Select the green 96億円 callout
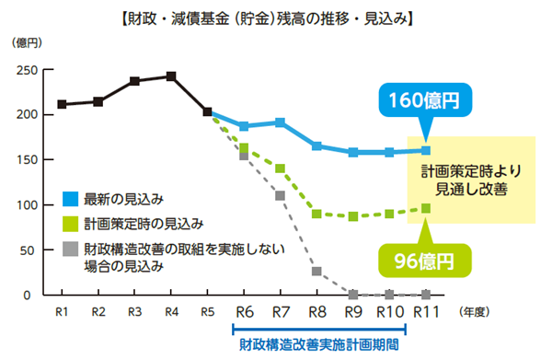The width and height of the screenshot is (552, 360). tap(416, 261)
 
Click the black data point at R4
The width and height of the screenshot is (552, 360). tap(171, 75)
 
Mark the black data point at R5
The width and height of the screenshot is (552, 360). tap(207, 112)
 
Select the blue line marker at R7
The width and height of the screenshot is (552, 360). tap(280, 122)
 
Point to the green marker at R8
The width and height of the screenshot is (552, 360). tap(316, 214)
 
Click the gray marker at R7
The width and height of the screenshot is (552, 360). tap(280, 195)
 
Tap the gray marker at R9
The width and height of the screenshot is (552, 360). tap(352, 295)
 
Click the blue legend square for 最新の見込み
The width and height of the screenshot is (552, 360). tap(70, 198)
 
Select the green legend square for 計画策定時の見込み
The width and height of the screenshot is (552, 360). tap(70, 223)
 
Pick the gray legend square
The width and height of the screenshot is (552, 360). tap(70, 249)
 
